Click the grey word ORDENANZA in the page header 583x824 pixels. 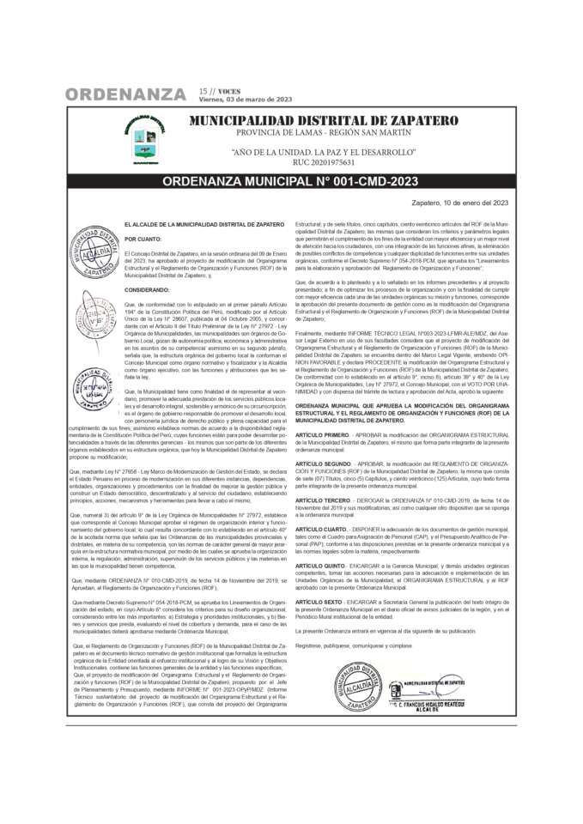coord(125,94)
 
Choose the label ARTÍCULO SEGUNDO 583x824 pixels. coord(324,463)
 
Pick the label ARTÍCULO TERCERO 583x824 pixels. coord(323,500)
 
